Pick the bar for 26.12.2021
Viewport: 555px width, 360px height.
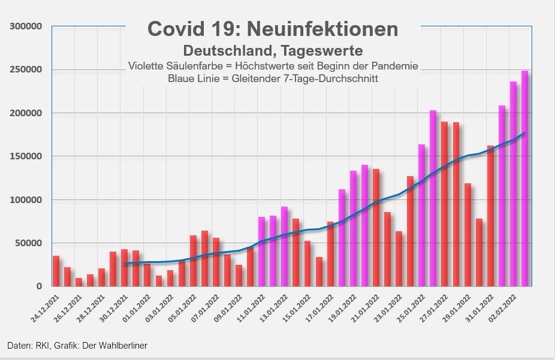point(79,282)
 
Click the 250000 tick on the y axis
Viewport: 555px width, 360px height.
point(28,70)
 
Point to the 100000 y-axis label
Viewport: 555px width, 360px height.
point(28,200)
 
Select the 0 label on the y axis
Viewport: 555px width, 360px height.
point(38,286)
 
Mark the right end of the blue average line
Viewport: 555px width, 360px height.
point(525,133)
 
